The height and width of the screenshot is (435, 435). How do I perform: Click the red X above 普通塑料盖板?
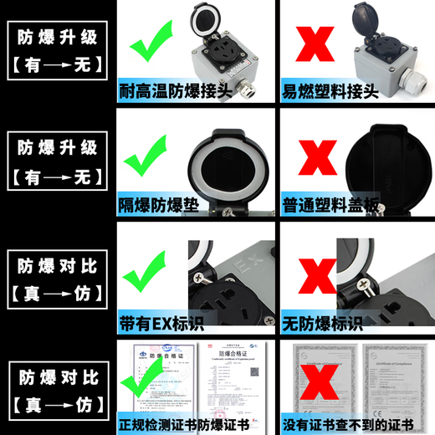310,159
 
